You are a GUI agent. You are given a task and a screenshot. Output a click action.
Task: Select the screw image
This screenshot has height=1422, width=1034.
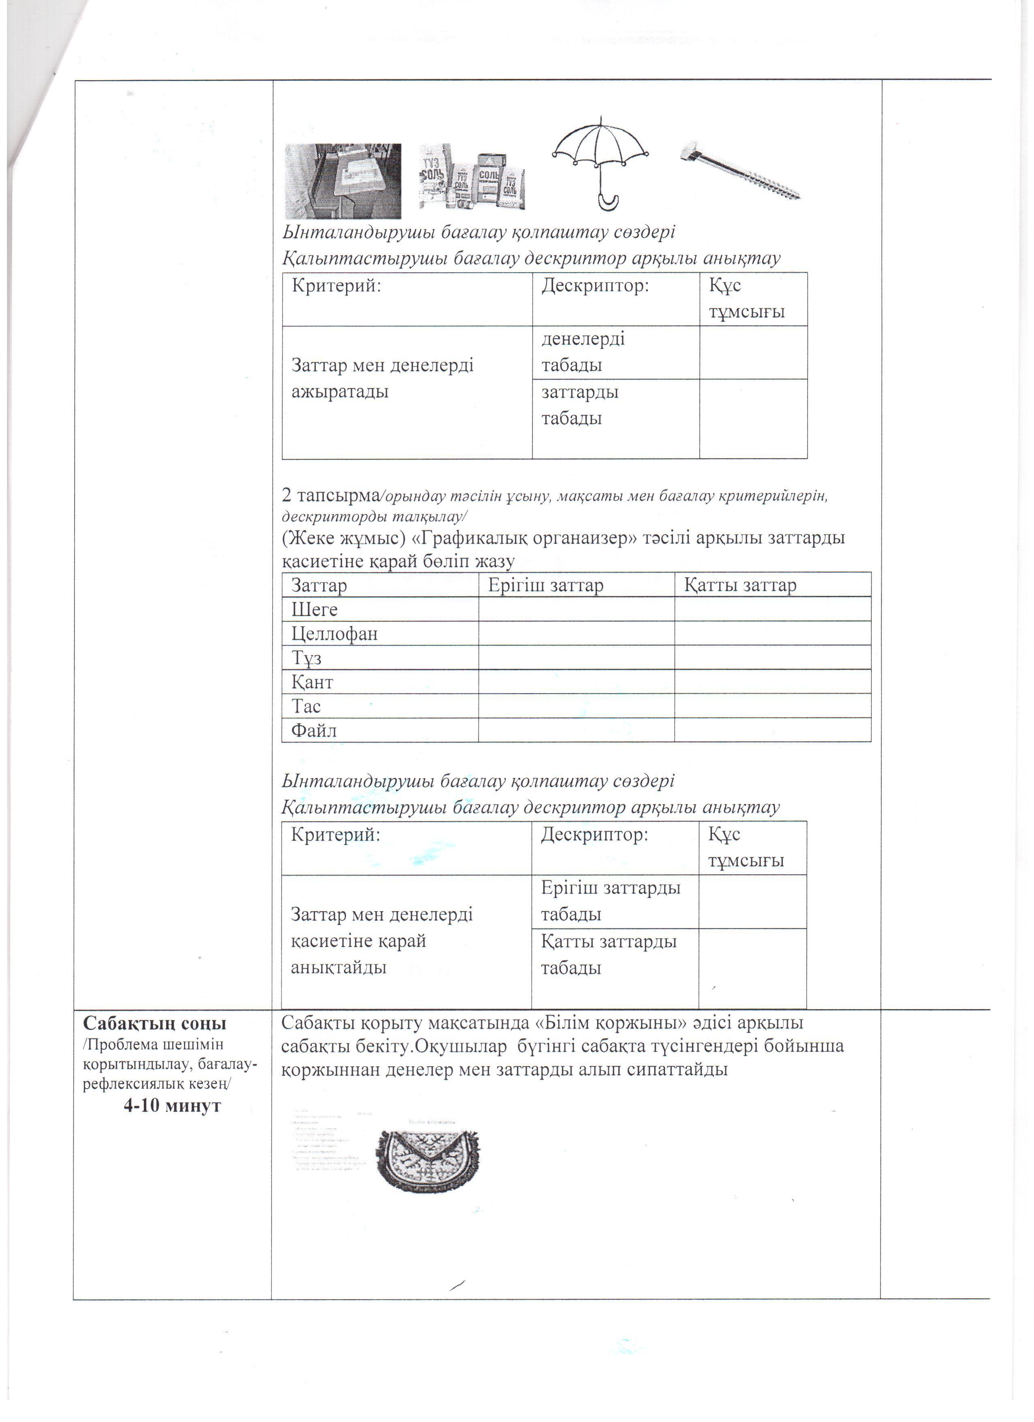point(741,169)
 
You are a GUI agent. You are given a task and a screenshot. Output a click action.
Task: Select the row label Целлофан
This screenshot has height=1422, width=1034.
point(335,634)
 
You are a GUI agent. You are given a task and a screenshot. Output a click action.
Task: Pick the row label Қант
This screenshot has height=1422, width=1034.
point(312,682)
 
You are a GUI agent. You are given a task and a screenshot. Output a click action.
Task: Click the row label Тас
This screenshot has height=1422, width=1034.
point(306,707)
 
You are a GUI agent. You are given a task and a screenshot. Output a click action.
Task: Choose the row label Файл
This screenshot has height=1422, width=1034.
point(314,730)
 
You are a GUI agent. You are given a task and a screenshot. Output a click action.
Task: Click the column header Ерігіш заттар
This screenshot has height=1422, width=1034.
point(545,585)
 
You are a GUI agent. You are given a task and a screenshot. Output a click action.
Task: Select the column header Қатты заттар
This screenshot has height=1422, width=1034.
point(740,585)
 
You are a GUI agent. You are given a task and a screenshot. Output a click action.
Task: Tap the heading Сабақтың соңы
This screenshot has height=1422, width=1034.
point(155,1024)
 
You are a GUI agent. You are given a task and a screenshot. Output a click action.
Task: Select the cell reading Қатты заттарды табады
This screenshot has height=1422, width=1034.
point(608,954)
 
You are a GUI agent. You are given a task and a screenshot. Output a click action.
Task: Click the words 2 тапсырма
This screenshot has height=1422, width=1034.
point(328,496)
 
